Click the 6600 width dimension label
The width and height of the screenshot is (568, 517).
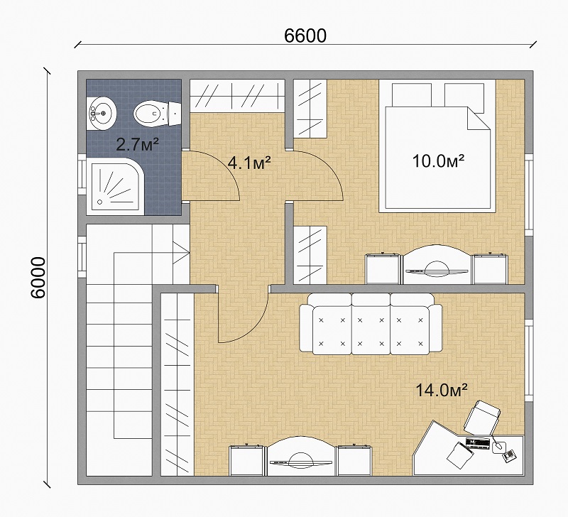click(x=305, y=36)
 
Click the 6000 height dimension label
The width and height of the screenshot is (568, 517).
click(x=38, y=278)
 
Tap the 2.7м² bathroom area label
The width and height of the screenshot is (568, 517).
click(x=137, y=145)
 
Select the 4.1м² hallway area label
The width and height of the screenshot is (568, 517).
click(x=249, y=163)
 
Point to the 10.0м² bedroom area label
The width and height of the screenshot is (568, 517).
click(x=438, y=160)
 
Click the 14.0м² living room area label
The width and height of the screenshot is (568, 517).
click(x=441, y=390)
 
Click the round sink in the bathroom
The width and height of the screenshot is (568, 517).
click(x=102, y=113)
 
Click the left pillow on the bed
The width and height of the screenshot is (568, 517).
click(x=412, y=95)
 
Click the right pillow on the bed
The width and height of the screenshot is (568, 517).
click(x=464, y=98)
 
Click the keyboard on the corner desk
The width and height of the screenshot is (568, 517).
click(x=477, y=443)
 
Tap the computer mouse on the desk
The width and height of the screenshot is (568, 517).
click(x=498, y=446)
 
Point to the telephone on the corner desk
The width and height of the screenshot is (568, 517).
click(x=509, y=455)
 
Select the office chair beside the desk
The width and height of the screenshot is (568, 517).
click(x=482, y=417)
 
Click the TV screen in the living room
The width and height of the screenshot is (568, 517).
click(x=300, y=462)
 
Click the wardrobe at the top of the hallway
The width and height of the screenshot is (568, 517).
click(x=237, y=96)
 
